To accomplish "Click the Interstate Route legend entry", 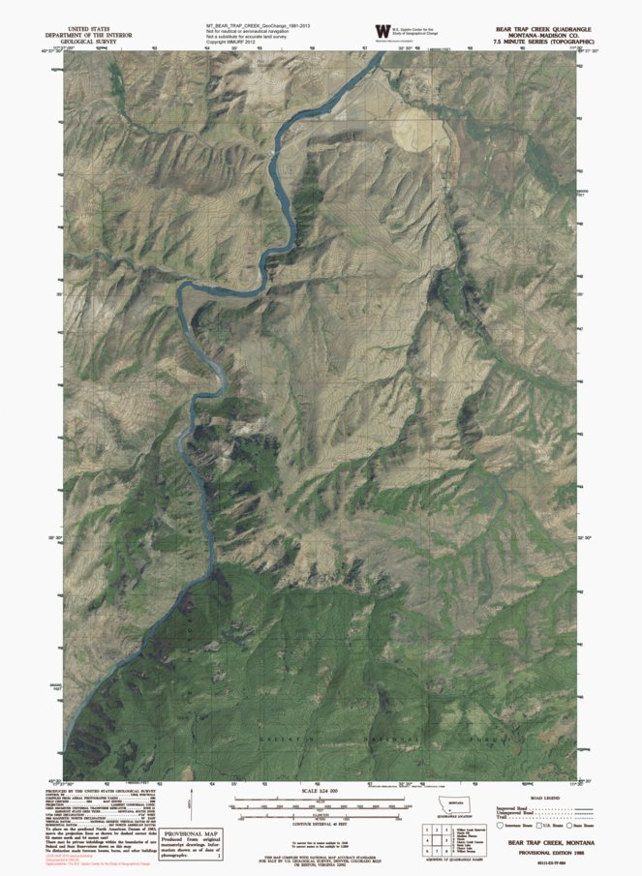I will coord(513,825).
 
